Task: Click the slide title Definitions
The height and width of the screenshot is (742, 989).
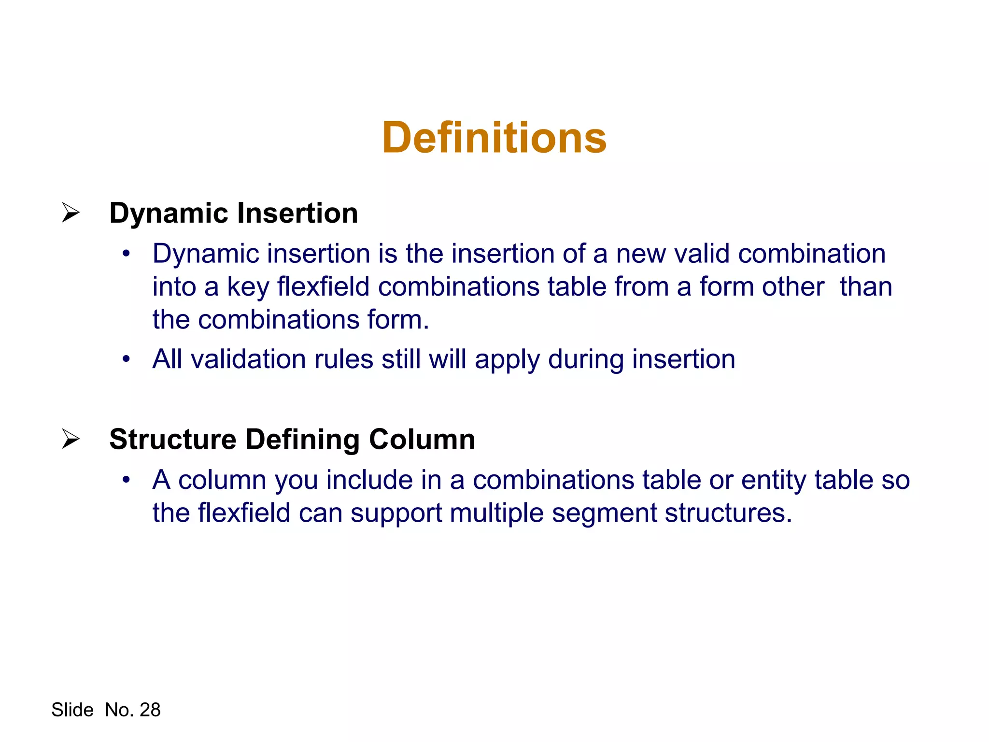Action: [494, 138]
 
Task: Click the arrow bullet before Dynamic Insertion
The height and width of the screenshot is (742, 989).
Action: [71, 213]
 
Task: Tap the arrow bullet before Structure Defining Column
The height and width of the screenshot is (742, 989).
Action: [71, 439]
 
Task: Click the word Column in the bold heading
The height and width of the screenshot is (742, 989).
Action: [422, 439]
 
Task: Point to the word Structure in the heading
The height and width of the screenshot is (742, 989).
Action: [173, 439]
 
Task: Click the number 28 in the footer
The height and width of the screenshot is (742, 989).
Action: [150, 710]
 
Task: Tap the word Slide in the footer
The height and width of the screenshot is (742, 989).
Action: [72, 710]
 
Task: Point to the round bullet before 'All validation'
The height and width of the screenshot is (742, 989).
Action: [127, 359]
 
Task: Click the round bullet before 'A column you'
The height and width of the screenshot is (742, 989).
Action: [127, 480]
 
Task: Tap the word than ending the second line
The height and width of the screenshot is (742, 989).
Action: [866, 286]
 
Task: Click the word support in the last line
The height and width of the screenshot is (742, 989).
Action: [396, 514]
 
